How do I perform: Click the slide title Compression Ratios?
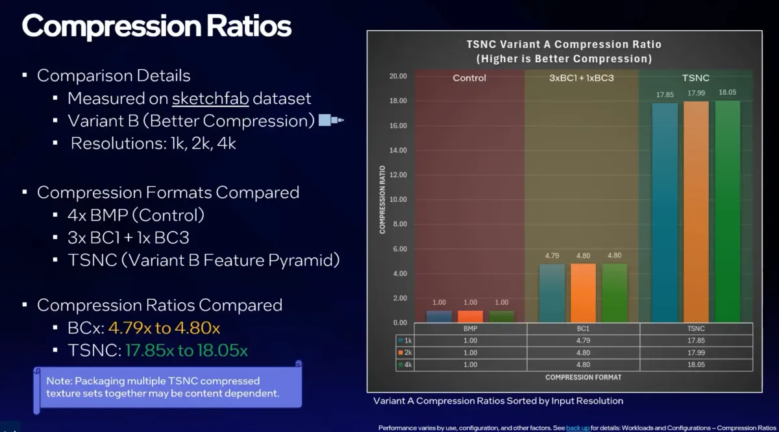156,27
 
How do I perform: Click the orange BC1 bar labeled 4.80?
583,293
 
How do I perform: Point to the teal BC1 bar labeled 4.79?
552,293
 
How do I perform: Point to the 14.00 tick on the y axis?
397,150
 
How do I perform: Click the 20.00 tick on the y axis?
397,77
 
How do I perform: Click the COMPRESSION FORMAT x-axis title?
583,377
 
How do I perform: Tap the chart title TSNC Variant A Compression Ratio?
563,44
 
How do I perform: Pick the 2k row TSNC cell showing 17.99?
696,353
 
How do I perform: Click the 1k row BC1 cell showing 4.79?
583,341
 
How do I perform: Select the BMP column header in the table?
469,329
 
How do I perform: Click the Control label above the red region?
469,78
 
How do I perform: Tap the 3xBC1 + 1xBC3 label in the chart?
582,78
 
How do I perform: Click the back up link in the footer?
578,428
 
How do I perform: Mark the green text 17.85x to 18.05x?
186,351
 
